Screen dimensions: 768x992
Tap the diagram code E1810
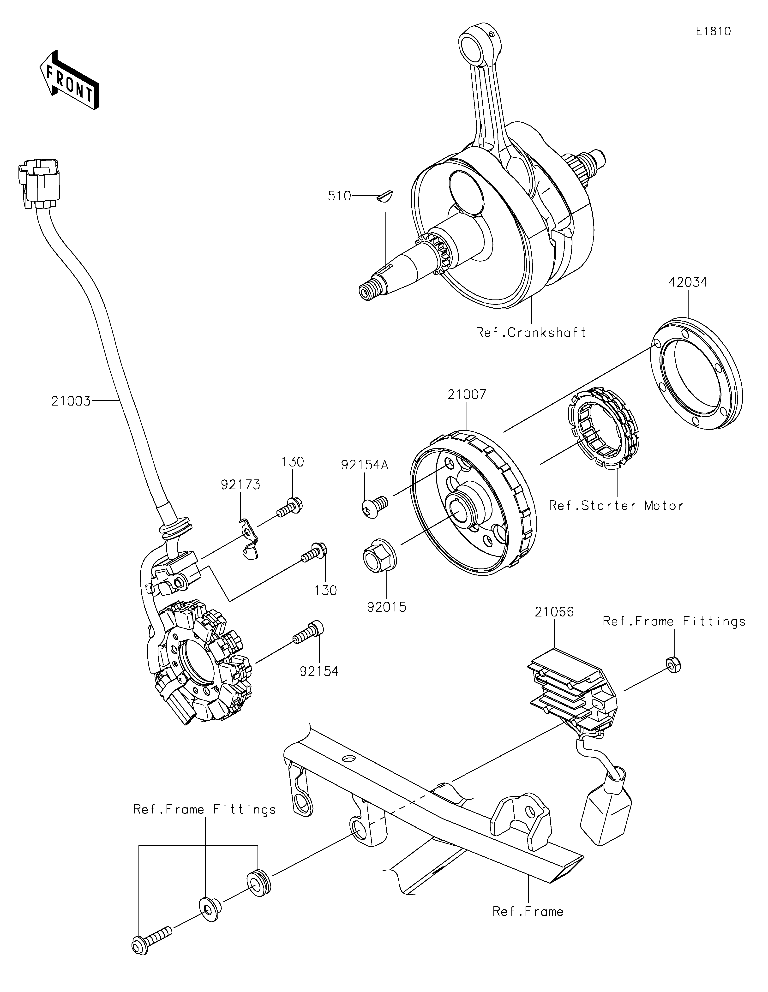click(713, 31)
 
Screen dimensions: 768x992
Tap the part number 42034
click(688, 282)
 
